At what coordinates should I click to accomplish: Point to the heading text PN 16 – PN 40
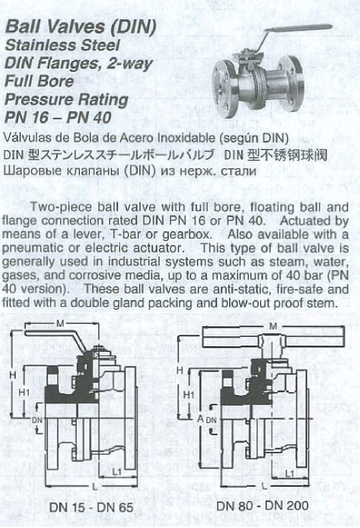(55, 115)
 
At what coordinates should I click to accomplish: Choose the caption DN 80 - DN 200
(263, 506)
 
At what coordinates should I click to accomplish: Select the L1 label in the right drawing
(290, 473)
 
